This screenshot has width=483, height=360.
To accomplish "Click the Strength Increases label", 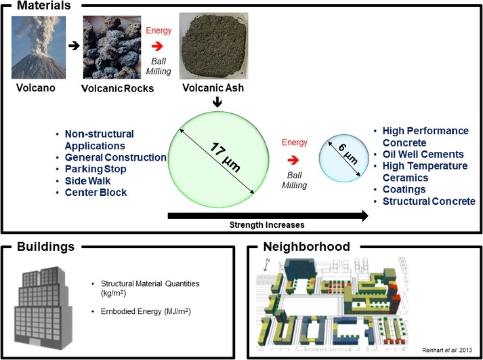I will tap(268, 223).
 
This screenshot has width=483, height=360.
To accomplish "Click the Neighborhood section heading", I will tap(306, 247).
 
